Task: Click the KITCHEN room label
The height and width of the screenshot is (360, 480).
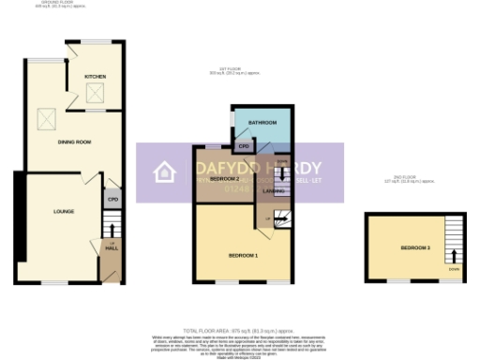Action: pyautogui.click(x=95, y=76)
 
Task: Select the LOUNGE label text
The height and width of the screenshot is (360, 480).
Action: pyautogui.click(x=51, y=212)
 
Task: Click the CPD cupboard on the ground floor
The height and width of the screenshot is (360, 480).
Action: pyautogui.click(x=112, y=199)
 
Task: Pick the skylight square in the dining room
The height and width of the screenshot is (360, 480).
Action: pyautogui.click(x=46, y=118)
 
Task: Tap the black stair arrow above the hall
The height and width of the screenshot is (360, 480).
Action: pyautogui.click(x=112, y=228)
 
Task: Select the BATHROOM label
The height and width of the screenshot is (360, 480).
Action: pyautogui.click(x=261, y=123)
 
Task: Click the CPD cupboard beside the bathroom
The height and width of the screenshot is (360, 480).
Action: pyautogui.click(x=243, y=146)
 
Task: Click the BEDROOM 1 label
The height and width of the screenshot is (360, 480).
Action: pyautogui.click(x=243, y=255)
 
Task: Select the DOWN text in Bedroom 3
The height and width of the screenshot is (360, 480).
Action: pyautogui.click(x=454, y=269)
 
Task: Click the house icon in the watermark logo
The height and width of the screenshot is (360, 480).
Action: pyautogui.click(x=165, y=172)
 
